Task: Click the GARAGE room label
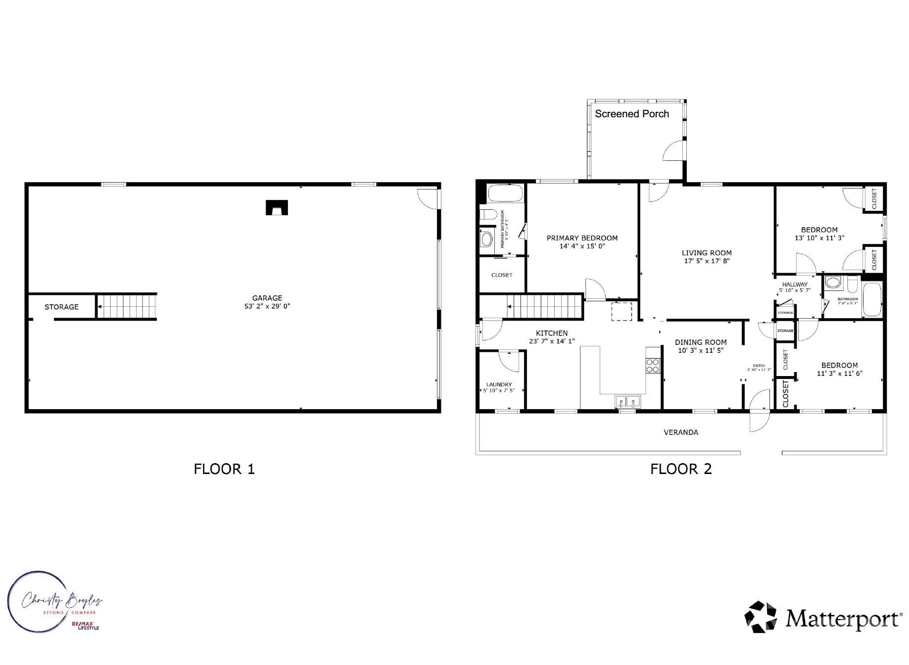(267, 298)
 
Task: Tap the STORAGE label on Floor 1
(61, 307)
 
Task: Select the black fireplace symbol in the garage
(277, 207)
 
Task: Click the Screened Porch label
(631, 114)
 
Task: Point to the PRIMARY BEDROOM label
(582, 238)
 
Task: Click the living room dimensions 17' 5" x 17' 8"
(707, 261)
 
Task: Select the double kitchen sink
(627, 401)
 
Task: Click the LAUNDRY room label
(499, 384)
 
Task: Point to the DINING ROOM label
(701, 342)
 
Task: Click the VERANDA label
(681, 432)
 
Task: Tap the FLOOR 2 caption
(681, 469)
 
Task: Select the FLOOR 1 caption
(224, 469)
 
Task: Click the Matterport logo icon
(761, 617)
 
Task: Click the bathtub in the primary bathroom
(505, 193)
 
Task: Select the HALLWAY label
(795, 285)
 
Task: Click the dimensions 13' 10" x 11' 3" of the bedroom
(819, 238)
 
